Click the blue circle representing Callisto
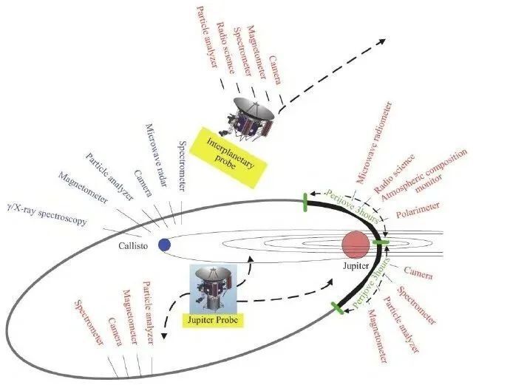click(x=164, y=245)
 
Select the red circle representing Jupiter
click(x=356, y=245)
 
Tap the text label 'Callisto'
click(x=133, y=245)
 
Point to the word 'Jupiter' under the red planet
click(x=356, y=266)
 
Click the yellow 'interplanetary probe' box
click(x=228, y=157)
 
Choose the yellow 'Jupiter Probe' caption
click(x=213, y=320)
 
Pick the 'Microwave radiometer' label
click(x=374, y=143)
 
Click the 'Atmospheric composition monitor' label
click(x=425, y=176)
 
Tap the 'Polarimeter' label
click(x=418, y=210)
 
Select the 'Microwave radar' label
click(x=157, y=155)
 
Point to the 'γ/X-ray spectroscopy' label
click(x=47, y=214)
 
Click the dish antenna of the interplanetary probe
click(x=254, y=109)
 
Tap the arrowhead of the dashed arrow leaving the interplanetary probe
click(x=381, y=41)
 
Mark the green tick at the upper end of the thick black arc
click(x=305, y=202)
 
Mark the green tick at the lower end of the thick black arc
click(x=337, y=308)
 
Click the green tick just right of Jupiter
click(x=381, y=242)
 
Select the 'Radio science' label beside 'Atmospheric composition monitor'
click(x=395, y=174)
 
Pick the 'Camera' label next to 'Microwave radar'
click(x=143, y=183)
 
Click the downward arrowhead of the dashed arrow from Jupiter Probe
click(x=164, y=336)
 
